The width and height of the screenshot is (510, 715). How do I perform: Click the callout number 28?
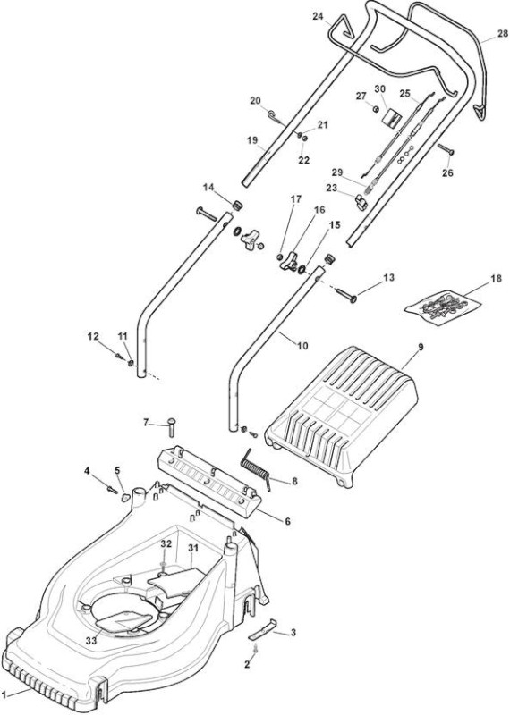pos(502,33)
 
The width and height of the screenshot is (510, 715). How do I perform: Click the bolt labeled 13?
pos(346,294)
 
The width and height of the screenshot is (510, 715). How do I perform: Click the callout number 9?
pos(421,347)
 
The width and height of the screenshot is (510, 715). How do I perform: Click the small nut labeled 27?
pos(376,108)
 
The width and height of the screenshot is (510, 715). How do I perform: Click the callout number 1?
pos(5,694)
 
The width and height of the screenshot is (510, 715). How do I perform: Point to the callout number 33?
pos(91,641)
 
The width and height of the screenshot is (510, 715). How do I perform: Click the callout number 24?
pos(318,16)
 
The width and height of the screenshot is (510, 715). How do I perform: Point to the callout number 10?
pos(302,346)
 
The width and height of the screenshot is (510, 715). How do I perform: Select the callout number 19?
pos(252,140)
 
